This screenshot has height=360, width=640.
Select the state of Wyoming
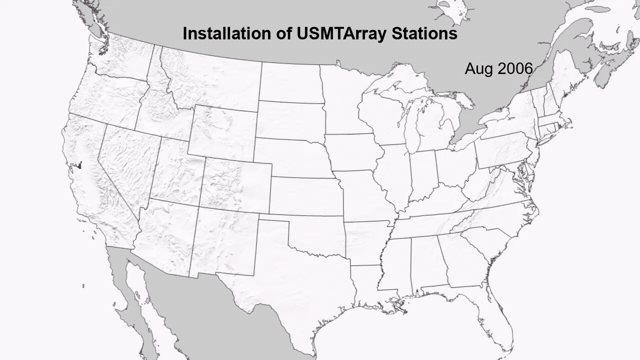tap(223, 132)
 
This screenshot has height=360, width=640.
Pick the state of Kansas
tap(305, 196)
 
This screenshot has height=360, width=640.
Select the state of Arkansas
tap(367, 242)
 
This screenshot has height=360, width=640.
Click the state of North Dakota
tap(290, 82)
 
